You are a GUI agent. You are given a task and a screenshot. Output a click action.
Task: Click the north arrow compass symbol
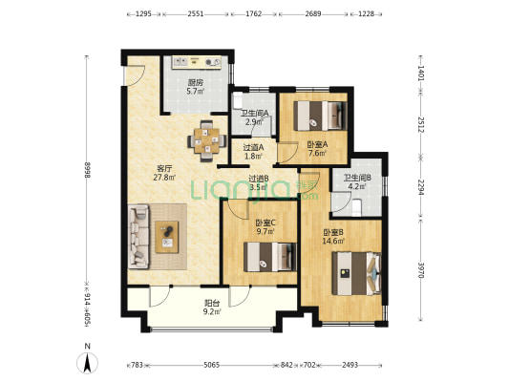(x=87, y=362)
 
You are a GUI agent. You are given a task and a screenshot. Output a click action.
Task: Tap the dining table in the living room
(x=207, y=140)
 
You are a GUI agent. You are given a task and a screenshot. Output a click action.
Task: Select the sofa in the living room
(x=138, y=236)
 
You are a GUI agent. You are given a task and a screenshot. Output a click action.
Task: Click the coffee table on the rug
(x=167, y=237)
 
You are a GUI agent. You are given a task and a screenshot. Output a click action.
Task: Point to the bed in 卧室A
(x=321, y=116)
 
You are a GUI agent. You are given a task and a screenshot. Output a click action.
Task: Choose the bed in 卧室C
(x=270, y=257)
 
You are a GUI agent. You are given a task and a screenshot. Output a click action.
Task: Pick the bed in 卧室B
(x=356, y=273)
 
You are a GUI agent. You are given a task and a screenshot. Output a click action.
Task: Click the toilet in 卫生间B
(x=356, y=208)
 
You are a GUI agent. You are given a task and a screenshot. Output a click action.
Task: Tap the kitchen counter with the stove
(x=197, y=62)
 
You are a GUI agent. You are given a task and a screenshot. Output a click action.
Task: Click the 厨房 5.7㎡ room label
(x=195, y=87)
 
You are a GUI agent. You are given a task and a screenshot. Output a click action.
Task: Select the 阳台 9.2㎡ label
(x=212, y=308)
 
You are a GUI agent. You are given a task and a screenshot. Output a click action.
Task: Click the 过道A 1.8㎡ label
(x=253, y=152)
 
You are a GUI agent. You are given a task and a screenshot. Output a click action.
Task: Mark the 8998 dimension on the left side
(x=87, y=170)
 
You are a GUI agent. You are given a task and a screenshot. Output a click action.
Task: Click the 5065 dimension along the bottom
(x=212, y=365)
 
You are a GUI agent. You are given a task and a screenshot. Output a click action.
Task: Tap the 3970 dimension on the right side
(x=421, y=270)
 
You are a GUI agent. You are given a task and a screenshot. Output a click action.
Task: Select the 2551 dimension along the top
(x=196, y=14)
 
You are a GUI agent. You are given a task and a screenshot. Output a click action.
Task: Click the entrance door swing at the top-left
(x=135, y=75)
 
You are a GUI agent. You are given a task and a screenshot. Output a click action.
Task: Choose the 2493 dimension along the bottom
(x=350, y=365)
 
